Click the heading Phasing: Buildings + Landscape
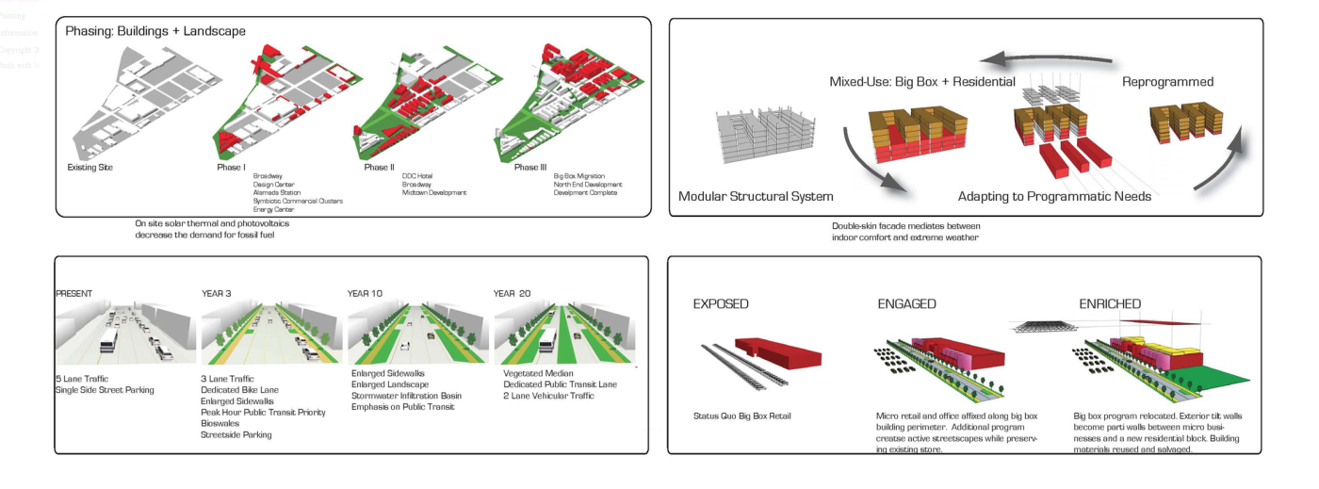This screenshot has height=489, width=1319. pyautogui.click(x=155, y=31)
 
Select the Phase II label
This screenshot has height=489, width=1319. pyautogui.click(x=381, y=168)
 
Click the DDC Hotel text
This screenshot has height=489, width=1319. pyautogui.click(x=417, y=175)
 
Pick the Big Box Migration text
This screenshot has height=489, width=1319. pyautogui.click(x=579, y=175)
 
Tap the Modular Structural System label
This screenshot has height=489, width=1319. pyautogui.click(x=756, y=197)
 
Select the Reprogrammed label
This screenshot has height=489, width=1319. pyautogui.click(x=1167, y=82)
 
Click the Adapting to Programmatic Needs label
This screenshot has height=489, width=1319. pyautogui.click(x=1054, y=197)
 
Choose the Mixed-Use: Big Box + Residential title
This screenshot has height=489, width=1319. pyautogui.click(x=921, y=82)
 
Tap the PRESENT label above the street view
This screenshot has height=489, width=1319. pyautogui.click(x=75, y=294)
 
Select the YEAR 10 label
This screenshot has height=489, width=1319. pyautogui.click(x=366, y=294)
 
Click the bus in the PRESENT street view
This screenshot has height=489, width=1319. pyautogui.click(x=108, y=340)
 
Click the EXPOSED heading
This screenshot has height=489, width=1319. pyautogui.click(x=721, y=304)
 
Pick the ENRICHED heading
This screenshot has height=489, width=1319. pyautogui.click(x=1110, y=304)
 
